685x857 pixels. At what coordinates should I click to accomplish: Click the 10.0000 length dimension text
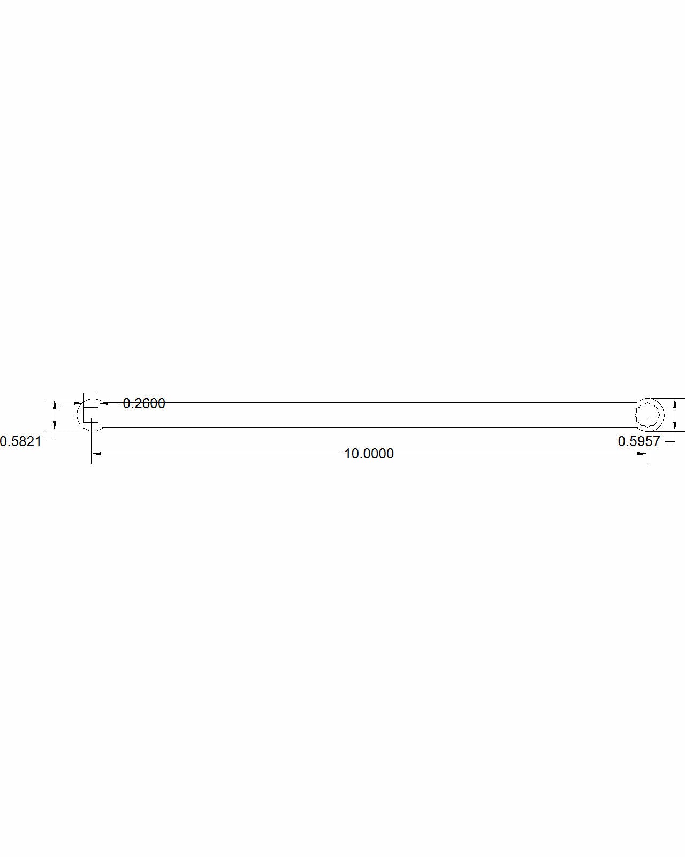[369, 454]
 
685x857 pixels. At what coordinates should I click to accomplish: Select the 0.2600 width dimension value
[144, 403]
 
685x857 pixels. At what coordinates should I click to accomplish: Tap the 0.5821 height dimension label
[20, 441]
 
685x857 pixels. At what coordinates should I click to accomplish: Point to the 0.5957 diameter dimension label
[639, 441]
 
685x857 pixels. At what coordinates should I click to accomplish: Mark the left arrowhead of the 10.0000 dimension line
[96, 454]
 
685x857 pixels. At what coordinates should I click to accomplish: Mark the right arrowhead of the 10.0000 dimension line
[643, 454]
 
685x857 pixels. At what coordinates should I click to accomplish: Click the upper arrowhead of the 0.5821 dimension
[54, 405]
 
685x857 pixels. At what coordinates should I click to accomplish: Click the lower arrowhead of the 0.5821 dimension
[54, 425]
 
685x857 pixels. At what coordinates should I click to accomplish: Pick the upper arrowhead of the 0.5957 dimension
[675, 403]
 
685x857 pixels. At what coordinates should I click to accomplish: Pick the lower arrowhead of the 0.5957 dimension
[675, 426]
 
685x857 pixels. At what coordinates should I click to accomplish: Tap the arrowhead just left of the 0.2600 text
[103, 403]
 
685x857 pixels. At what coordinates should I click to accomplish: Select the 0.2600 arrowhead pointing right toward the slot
[79, 403]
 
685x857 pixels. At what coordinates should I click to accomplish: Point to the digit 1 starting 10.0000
[347, 454]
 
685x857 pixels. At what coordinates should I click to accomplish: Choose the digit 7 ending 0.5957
[656, 441]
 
